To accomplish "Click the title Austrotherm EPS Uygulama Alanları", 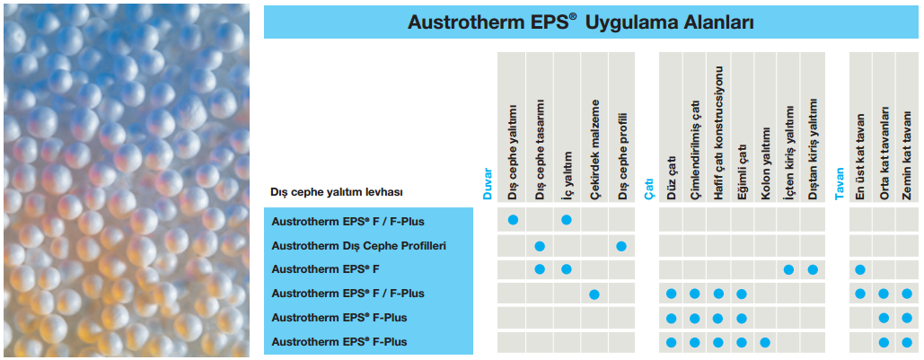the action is pos(580,22).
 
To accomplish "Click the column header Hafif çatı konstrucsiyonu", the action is pos(718,132).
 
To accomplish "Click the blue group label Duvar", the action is pos(487,184).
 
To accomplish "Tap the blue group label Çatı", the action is pos(649,189).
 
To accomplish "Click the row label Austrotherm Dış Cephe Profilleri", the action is pos(358,245).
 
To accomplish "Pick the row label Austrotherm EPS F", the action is pos(325,269).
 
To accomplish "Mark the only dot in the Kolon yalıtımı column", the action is pos(765,342).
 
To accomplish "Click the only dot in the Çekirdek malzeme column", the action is pos(594,294).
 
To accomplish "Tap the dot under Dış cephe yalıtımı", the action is pos(513,220).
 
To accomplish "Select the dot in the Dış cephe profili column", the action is pos(621,246).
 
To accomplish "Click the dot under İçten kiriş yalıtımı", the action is pos(788,270).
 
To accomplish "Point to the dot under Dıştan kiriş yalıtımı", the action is pos(813,270).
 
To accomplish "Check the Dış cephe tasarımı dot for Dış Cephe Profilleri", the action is pos(539,246).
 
